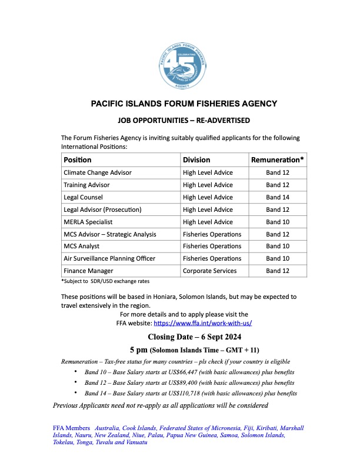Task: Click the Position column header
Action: pos(78,159)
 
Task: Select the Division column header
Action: pos(196,159)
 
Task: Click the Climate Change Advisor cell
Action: pos(98,172)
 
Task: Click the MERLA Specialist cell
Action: pos(88,222)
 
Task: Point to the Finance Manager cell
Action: pos(87,271)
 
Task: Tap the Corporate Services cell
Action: pos(209,271)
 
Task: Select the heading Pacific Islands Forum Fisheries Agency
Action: pos(184,104)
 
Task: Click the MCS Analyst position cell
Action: pos(81,247)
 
